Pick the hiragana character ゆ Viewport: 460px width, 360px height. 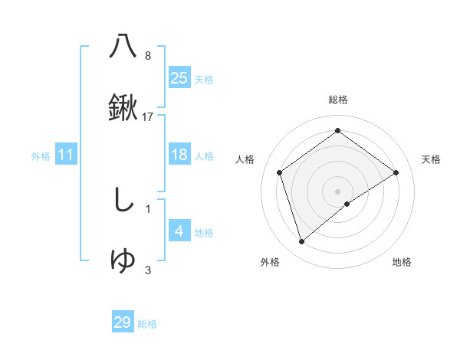point(123,260)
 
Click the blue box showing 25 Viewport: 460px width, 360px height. point(179,77)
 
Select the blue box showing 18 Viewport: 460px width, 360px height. point(179,155)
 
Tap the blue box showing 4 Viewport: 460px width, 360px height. point(179,231)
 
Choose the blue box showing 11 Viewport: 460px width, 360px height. point(65,155)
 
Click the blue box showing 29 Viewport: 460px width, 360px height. point(123,322)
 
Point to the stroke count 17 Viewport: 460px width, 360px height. point(148,117)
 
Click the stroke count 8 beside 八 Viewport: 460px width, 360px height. point(148,55)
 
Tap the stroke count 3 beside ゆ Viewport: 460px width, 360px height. point(148,270)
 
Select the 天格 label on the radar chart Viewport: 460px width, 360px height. point(431,159)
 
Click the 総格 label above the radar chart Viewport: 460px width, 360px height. point(337,100)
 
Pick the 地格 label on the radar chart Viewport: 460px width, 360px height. point(402,262)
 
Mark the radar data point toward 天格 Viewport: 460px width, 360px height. point(396,172)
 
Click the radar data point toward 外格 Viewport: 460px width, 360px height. point(301,242)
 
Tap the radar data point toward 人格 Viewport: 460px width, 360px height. point(280,172)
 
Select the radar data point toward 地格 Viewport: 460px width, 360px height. point(347,204)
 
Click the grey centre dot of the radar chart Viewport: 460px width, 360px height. point(337,191)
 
